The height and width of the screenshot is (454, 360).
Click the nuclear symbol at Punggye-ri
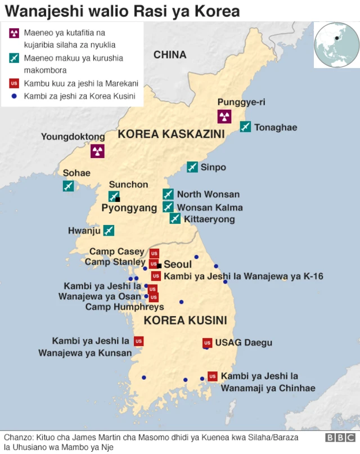click(x=224, y=116)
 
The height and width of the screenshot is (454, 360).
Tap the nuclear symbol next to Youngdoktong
click(x=97, y=150)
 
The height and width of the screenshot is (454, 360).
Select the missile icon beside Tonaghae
click(x=245, y=127)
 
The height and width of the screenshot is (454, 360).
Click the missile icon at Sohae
click(x=69, y=186)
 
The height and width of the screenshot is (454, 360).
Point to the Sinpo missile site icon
click(x=192, y=167)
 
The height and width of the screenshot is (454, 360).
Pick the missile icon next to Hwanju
click(x=109, y=230)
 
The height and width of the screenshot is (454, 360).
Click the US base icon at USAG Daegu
click(x=207, y=343)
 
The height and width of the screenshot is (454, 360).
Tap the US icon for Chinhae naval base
click(x=213, y=376)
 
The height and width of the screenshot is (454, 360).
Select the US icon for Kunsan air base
click(x=139, y=341)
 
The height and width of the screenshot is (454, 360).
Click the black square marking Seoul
click(x=160, y=266)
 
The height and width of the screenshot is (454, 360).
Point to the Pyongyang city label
click(x=129, y=208)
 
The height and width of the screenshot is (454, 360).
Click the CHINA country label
click(x=170, y=55)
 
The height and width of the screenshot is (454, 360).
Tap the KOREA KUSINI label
click(x=186, y=321)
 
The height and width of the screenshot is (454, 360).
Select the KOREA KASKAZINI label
click(x=171, y=134)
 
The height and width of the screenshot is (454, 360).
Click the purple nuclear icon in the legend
click(x=14, y=33)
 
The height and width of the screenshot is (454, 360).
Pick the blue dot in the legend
click(x=14, y=96)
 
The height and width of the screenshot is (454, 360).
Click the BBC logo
click(x=340, y=438)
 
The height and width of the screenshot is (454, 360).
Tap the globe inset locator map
click(x=336, y=44)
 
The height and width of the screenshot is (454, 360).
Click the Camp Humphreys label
click(x=125, y=307)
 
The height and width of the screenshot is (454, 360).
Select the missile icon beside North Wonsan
click(x=168, y=194)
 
